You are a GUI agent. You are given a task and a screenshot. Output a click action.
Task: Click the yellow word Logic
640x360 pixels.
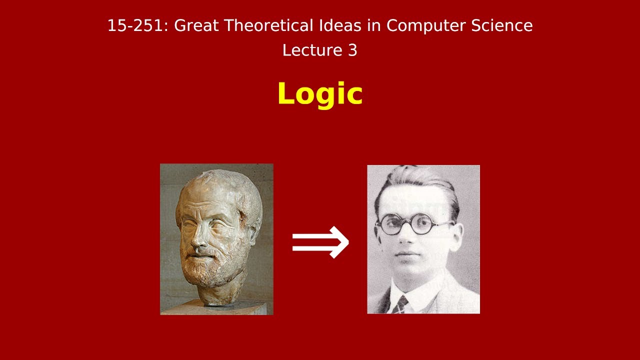[319, 94]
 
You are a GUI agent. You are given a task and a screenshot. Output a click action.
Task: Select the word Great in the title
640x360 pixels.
[196, 25]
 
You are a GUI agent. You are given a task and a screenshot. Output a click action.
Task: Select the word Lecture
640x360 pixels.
[306, 50]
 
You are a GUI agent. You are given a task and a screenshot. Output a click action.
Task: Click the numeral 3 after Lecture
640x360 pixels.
[352, 50]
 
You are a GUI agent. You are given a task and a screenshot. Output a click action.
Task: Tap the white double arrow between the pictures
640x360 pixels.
[320, 242]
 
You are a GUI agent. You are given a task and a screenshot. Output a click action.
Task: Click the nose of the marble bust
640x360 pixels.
[199, 240]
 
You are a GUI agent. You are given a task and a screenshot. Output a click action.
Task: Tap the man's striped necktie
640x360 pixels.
[400, 303]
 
